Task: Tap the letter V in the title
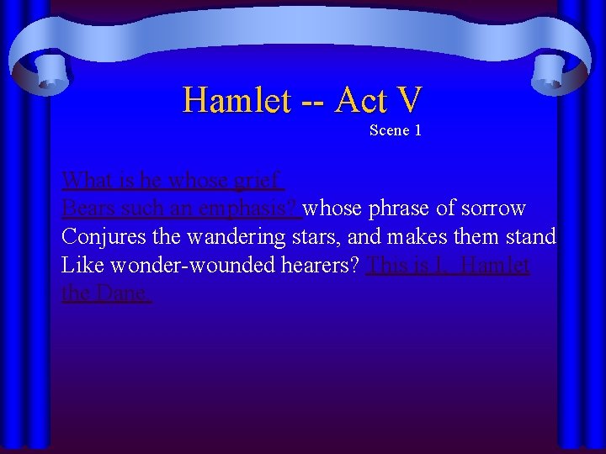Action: tap(407, 101)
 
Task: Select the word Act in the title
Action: tap(360, 101)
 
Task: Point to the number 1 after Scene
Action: tap(417, 130)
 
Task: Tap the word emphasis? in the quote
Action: tap(244, 209)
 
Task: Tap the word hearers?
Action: tap(322, 266)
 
